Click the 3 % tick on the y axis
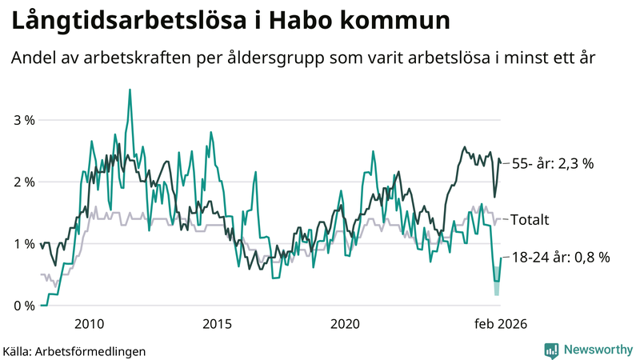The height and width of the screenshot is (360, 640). click(x=23, y=120)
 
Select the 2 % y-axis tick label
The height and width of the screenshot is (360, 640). click(x=23, y=182)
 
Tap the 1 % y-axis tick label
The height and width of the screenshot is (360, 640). click(x=23, y=243)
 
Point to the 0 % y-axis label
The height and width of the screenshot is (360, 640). click(x=23, y=306)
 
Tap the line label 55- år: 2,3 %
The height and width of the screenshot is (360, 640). click(x=553, y=163)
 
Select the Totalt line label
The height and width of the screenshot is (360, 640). click(x=530, y=219)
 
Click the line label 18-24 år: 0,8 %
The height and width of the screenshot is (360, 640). click(x=562, y=258)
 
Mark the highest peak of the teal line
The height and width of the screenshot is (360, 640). click(x=130, y=90)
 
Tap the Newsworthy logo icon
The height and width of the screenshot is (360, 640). click(x=552, y=350)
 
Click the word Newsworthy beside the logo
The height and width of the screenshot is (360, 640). click(x=598, y=350)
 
